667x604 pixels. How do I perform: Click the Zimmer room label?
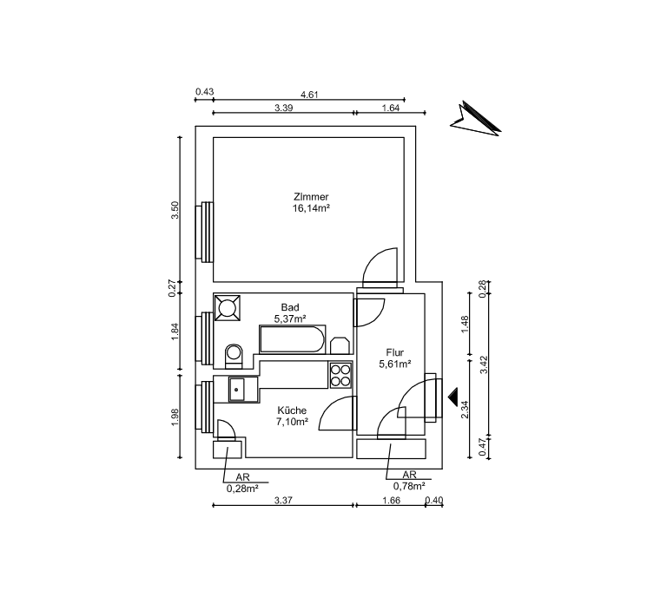311,197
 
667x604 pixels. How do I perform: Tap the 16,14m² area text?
311,208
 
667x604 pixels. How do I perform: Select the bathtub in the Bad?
292,339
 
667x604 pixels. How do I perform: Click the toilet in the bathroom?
234,356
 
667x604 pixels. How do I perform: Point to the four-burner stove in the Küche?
340,375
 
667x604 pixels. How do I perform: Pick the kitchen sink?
236,390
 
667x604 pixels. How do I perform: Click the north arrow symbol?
476,120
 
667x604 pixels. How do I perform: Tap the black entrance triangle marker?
452,397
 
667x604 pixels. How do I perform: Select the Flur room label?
395,352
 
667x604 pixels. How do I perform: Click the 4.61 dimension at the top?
309,95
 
